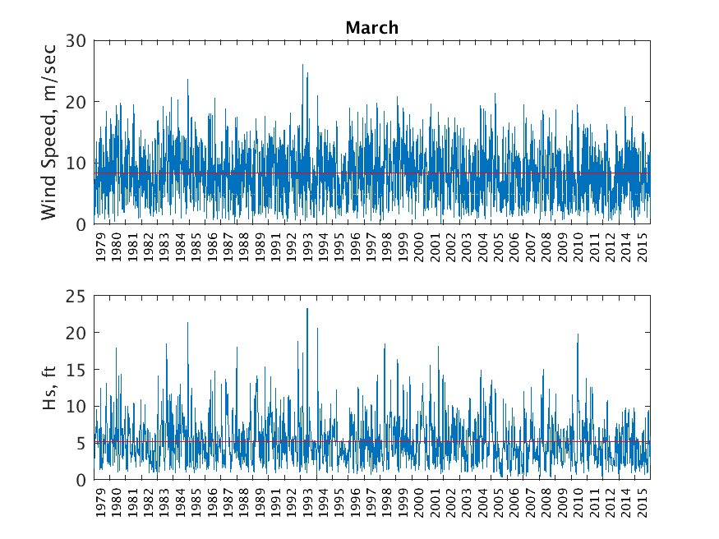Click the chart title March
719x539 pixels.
pyautogui.click(x=371, y=28)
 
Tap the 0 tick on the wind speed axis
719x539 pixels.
pyautogui.click(x=82, y=224)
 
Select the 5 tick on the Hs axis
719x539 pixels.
pyautogui.click(x=82, y=444)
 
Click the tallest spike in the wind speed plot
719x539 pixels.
pyautogui.click(x=302, y=65)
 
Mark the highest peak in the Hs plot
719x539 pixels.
pyautogui.click(x=307, y=309)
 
